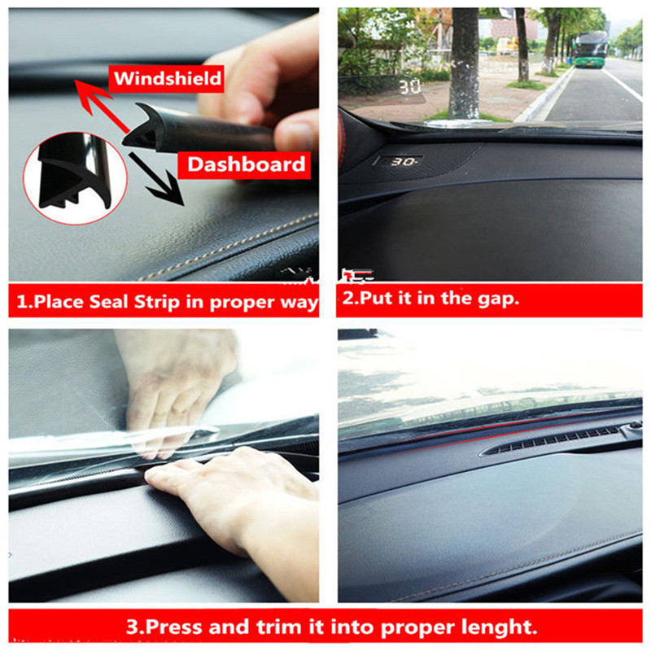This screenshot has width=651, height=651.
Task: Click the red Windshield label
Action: coord(166,78)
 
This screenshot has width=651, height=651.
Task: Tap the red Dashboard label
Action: coord(244,165)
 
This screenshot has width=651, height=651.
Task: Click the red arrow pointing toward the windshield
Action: coord(102,106)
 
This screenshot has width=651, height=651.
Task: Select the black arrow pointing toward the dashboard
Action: coord(156,179)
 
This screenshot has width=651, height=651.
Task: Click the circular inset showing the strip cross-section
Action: coord(75,178)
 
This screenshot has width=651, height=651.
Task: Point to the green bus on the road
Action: coord(589,50)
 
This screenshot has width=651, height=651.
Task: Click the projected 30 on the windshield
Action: coord(410,87)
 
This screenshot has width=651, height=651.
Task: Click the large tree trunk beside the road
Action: coord(464,63)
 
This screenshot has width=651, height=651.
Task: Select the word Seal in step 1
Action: coord(109,302)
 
